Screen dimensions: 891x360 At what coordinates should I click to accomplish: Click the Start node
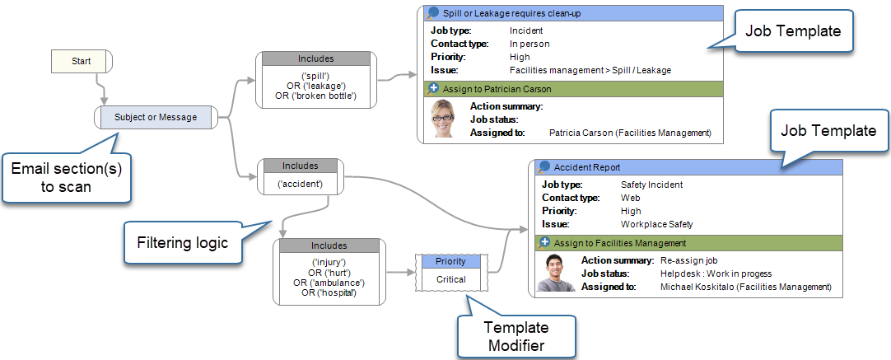tap(82, 61)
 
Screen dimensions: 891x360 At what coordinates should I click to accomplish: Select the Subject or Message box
tap(156, 118)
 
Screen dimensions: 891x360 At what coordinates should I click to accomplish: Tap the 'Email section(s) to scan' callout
tap(66, 177)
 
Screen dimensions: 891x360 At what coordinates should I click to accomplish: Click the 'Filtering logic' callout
tap(182, 243)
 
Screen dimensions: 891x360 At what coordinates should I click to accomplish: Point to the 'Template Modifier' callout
tap(516, 336)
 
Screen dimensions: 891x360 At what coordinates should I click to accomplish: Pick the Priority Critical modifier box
tap(450, 271)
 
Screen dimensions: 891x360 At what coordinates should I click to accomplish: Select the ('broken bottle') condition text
tap(316, 95)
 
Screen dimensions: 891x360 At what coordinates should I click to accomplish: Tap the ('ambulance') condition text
tap(329, 283)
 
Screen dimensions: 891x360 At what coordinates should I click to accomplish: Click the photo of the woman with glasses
tap(443, 119)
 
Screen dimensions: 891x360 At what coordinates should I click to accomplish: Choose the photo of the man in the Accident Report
tap(555, 272)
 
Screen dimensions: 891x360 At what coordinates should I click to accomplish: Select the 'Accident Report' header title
tap(587, 167)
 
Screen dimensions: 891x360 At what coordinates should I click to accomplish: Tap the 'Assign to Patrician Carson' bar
tap(570, 89)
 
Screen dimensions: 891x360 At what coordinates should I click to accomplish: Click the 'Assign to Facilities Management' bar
tap(686, 243)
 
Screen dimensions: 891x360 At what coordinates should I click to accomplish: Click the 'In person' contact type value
tap(529, 44)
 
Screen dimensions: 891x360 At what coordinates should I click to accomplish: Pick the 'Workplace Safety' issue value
tap(657, 224)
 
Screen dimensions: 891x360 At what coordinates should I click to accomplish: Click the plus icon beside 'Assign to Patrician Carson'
tap(433, 88)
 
